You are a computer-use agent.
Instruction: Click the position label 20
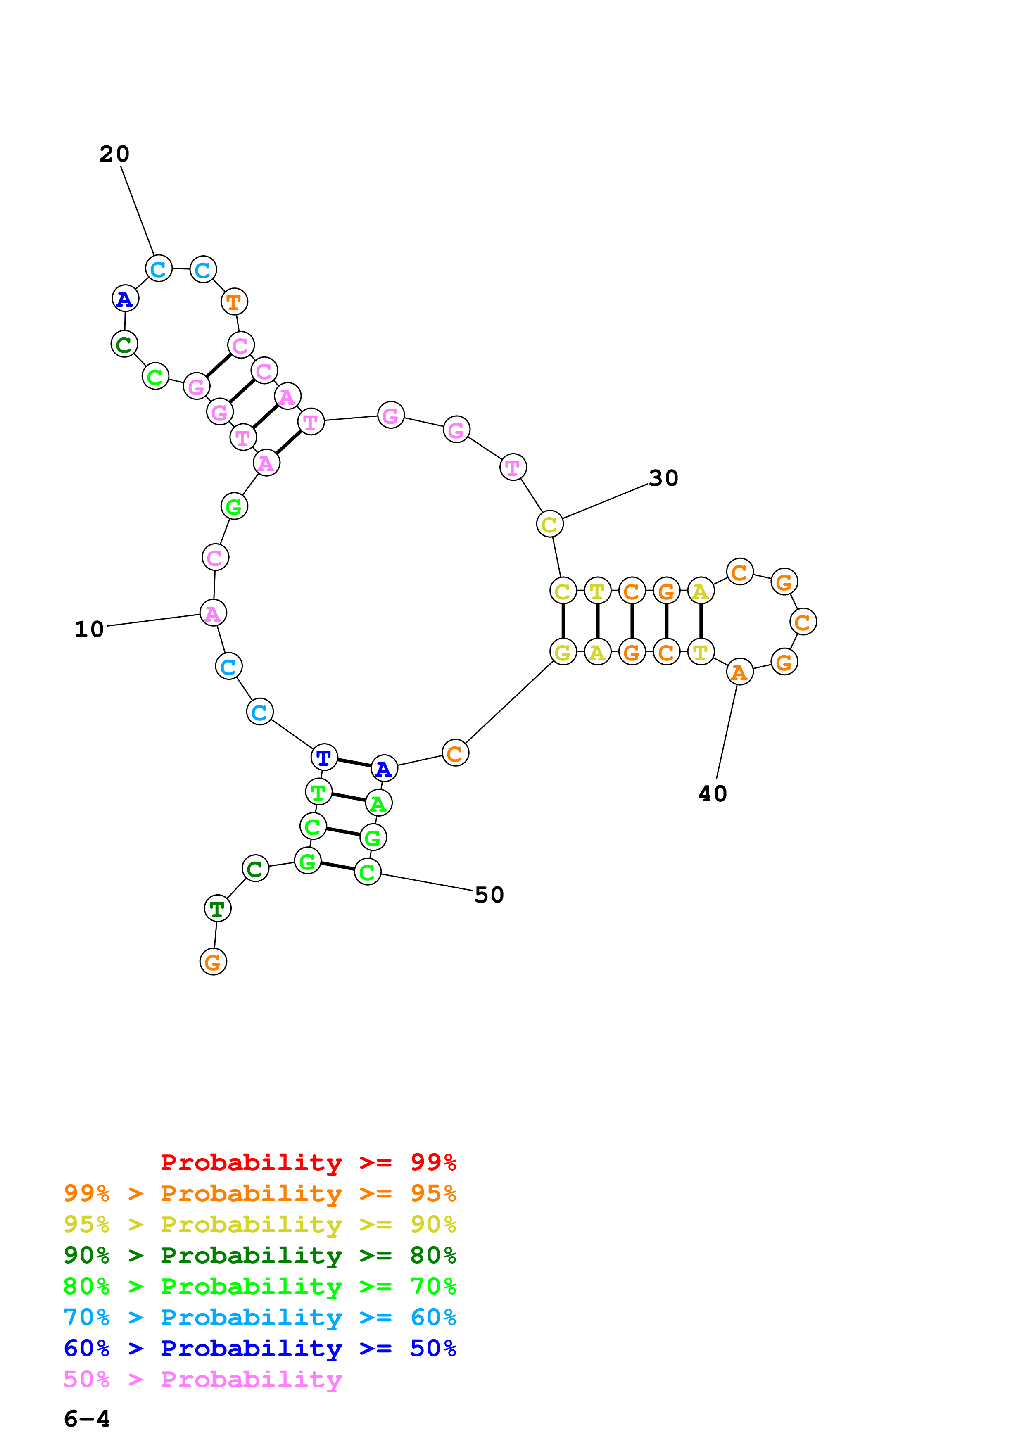point(114,154)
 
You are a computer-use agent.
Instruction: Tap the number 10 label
point(89,629)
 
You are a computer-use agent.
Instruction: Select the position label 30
point(663,478)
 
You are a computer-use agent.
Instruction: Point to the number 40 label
point(712,794)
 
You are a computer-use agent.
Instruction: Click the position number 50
point(489,895)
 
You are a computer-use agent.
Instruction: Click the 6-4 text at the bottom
point(86,1419)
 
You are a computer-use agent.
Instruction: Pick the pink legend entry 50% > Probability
point(202,1380)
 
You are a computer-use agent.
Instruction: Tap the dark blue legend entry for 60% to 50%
point(259,1348)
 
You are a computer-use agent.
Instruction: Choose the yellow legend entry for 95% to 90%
point(259,1224)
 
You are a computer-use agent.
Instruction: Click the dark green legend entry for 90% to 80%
point(259,1255)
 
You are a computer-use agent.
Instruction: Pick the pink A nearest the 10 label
point(213,613)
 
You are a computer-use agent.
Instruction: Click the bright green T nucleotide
point(318,791)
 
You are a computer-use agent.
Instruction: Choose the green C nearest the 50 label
point(367,872)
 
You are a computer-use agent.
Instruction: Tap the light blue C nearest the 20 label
point(158,269)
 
